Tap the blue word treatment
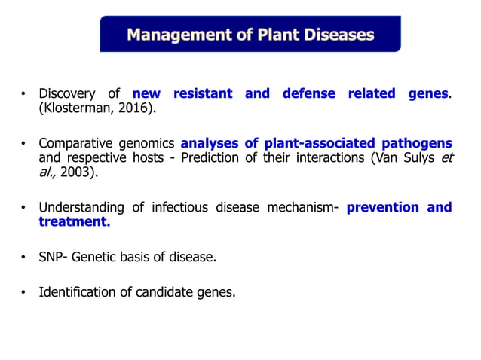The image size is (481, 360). click(x=74, y=221)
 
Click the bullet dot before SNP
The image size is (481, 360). click(x=23, y=258)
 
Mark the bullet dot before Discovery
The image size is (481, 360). click(x=23, y=95)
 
